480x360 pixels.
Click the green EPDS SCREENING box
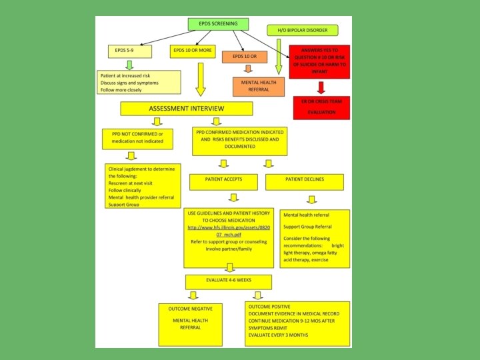219,23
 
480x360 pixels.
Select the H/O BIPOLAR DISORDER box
302,30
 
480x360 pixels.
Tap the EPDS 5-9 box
129,51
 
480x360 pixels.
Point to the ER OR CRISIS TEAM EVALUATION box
321,108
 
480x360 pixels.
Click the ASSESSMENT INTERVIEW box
186,108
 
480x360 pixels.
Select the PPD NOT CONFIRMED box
137,139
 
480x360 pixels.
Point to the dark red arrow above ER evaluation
321,87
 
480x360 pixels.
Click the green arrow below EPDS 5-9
129,65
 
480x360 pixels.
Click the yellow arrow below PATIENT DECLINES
311,199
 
